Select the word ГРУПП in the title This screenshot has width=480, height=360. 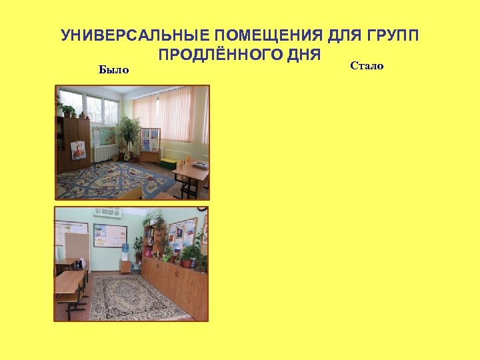[x=392, y=35]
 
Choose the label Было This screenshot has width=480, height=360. [x=113, y=69]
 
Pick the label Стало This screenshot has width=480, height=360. [x=366, y=66]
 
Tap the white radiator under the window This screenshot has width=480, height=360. [x=105, y=153]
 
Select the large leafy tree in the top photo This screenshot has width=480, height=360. [x=128, y=133]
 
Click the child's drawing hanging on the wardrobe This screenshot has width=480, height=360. [x=79, y=149]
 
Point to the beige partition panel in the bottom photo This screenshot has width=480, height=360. [x=77, y=243]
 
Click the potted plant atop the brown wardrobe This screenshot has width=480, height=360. [x=68, y=110]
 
